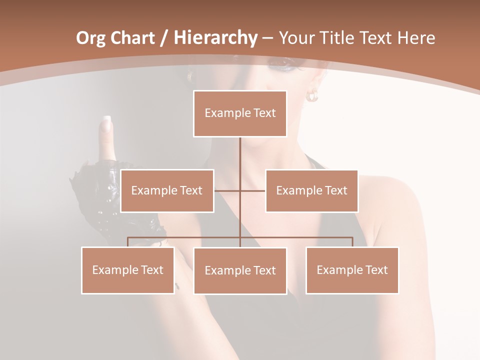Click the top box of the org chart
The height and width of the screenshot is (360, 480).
pos(240,113)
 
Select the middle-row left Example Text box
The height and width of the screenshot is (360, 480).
pos(167,190)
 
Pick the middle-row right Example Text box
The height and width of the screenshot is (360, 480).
pos(311,190)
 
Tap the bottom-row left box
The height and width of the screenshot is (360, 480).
pos(128,270)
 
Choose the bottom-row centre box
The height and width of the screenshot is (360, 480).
pos(240,270)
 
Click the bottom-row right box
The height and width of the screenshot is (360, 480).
pos(352,270)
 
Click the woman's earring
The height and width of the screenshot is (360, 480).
pos(312,95)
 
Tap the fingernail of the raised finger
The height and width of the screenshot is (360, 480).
pos(106,122)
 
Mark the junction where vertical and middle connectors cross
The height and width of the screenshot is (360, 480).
pos(240,190)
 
